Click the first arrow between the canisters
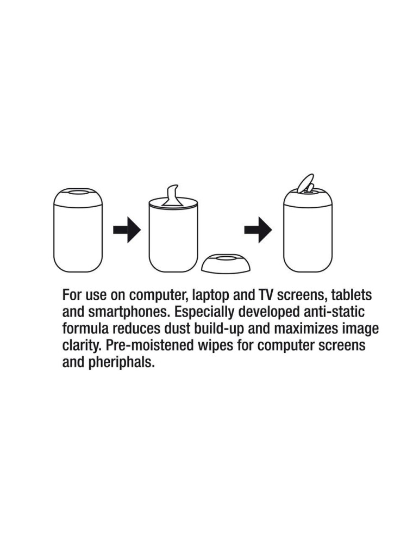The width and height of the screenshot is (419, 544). click(127, 230)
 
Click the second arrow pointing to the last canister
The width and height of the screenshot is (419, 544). click(258, 230)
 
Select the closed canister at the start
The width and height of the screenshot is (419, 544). click(78, 230)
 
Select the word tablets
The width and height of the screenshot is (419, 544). click(351, 295)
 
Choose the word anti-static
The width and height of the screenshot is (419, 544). click(334, 312)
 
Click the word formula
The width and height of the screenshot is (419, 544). click(85, 329)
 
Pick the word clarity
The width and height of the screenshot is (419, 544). click(82, 346)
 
